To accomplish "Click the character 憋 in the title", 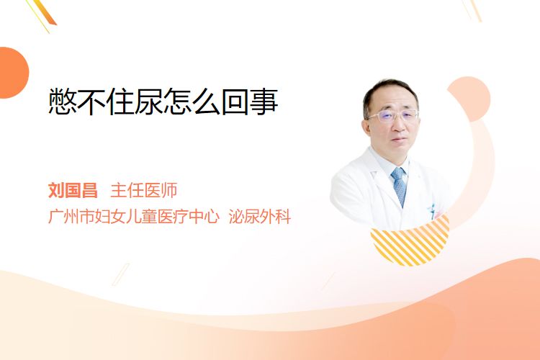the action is tap(62, 102).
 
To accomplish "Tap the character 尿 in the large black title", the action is tap(148, 102).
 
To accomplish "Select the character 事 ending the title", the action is tap(264, 102).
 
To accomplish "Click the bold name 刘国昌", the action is tap(73, 191).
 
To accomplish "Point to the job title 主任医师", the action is tap(144, 191).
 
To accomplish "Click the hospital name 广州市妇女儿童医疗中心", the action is tap(134, 216).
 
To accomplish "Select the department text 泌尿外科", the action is tap(260, 216).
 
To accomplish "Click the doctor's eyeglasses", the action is tap(393, 115).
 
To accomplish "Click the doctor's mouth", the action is tap(400, 140).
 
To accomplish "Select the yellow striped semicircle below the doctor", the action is tap(410, 243).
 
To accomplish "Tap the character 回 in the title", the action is tap(235, 102).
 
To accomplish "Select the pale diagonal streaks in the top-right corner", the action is tap(472, 10).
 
